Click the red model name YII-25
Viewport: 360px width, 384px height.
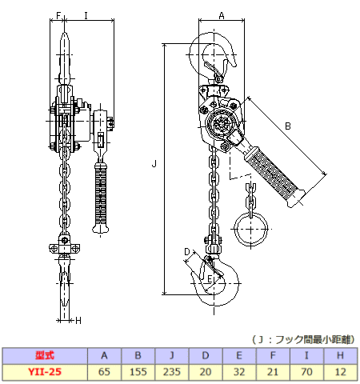pyautogui.click(x=45, y=372)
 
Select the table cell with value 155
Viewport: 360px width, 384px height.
pyautogui.click(x=138, y=372)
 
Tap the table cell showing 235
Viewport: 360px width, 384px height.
pyautogui.click(x=172, y=372)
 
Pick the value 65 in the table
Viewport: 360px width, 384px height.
pyautogui.click(x=104, y=372)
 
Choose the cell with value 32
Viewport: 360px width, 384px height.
pyautogui.click(x=239, y=372)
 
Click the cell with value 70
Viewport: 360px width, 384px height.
pyautogui.click(x=306, y=372)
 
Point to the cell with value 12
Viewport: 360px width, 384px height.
pyautogui.click(x=340, y=372)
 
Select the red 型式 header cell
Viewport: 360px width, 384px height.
pyautogui.click(x=45, y=355)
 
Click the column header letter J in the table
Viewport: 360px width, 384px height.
pyautogui.click(x=172, y=355)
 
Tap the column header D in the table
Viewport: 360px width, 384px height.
pyautogui.click(x=206, y=355)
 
